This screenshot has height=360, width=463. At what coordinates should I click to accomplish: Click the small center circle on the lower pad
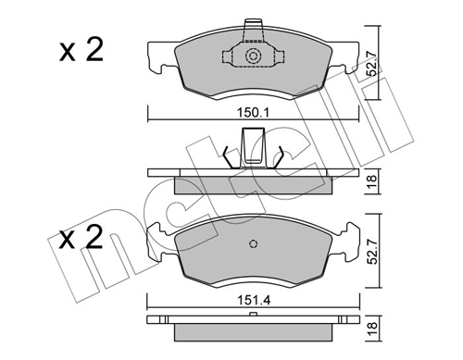coord(253,245)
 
